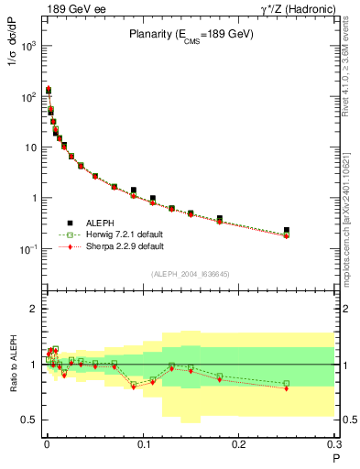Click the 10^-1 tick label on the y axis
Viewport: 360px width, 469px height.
tap(27, 249)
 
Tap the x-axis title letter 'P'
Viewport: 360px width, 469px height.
tap(335, 458)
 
